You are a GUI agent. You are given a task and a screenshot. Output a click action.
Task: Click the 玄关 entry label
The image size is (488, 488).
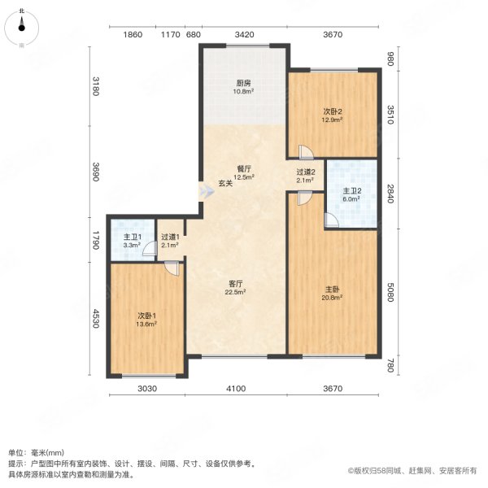click(225, 183)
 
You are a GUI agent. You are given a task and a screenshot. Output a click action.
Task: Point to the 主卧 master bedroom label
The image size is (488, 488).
click(331, 292)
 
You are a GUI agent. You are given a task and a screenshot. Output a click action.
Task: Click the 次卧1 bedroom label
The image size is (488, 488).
click(146, 318)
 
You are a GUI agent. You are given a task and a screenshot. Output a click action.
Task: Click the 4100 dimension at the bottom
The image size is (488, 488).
click(236, 390)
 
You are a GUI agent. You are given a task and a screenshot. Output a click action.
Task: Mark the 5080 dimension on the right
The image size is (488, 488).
click(390, 291)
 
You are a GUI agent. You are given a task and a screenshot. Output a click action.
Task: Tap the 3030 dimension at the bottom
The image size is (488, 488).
click(146, 390)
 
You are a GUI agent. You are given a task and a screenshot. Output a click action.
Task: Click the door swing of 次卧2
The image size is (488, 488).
click(304, 151)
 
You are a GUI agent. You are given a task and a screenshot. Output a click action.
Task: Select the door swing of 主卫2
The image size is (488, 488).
click(331, 220)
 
